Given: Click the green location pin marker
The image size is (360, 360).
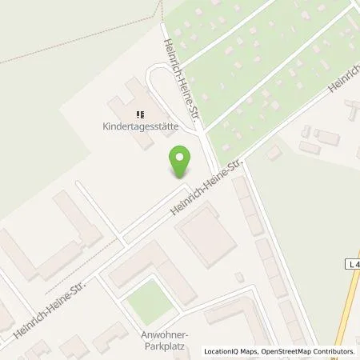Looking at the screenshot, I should point(182,162).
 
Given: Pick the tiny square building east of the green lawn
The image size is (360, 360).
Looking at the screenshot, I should point(238,277).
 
